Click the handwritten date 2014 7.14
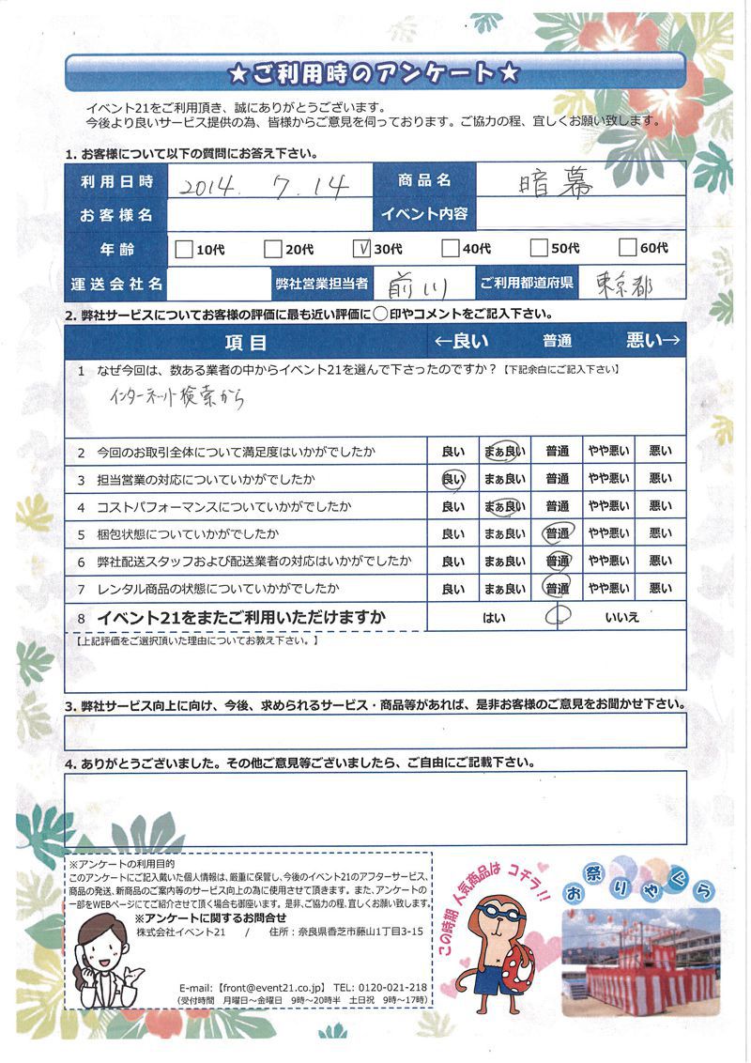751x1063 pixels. click(x=268, y=185)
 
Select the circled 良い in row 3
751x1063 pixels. click(x=452, y=479)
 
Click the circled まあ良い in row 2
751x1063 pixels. click(x=504, y=452)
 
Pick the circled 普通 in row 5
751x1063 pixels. click(x=557, y=534)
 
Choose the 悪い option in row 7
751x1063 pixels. click(x=661, y=590)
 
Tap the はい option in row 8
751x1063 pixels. click(x=494, y=619)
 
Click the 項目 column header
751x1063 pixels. click(x=247, y=342)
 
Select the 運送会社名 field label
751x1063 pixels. click(x=116, y=282)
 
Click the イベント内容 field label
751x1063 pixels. click(x=424, y=214)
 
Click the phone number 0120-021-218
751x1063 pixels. click(x=393, y=989)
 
